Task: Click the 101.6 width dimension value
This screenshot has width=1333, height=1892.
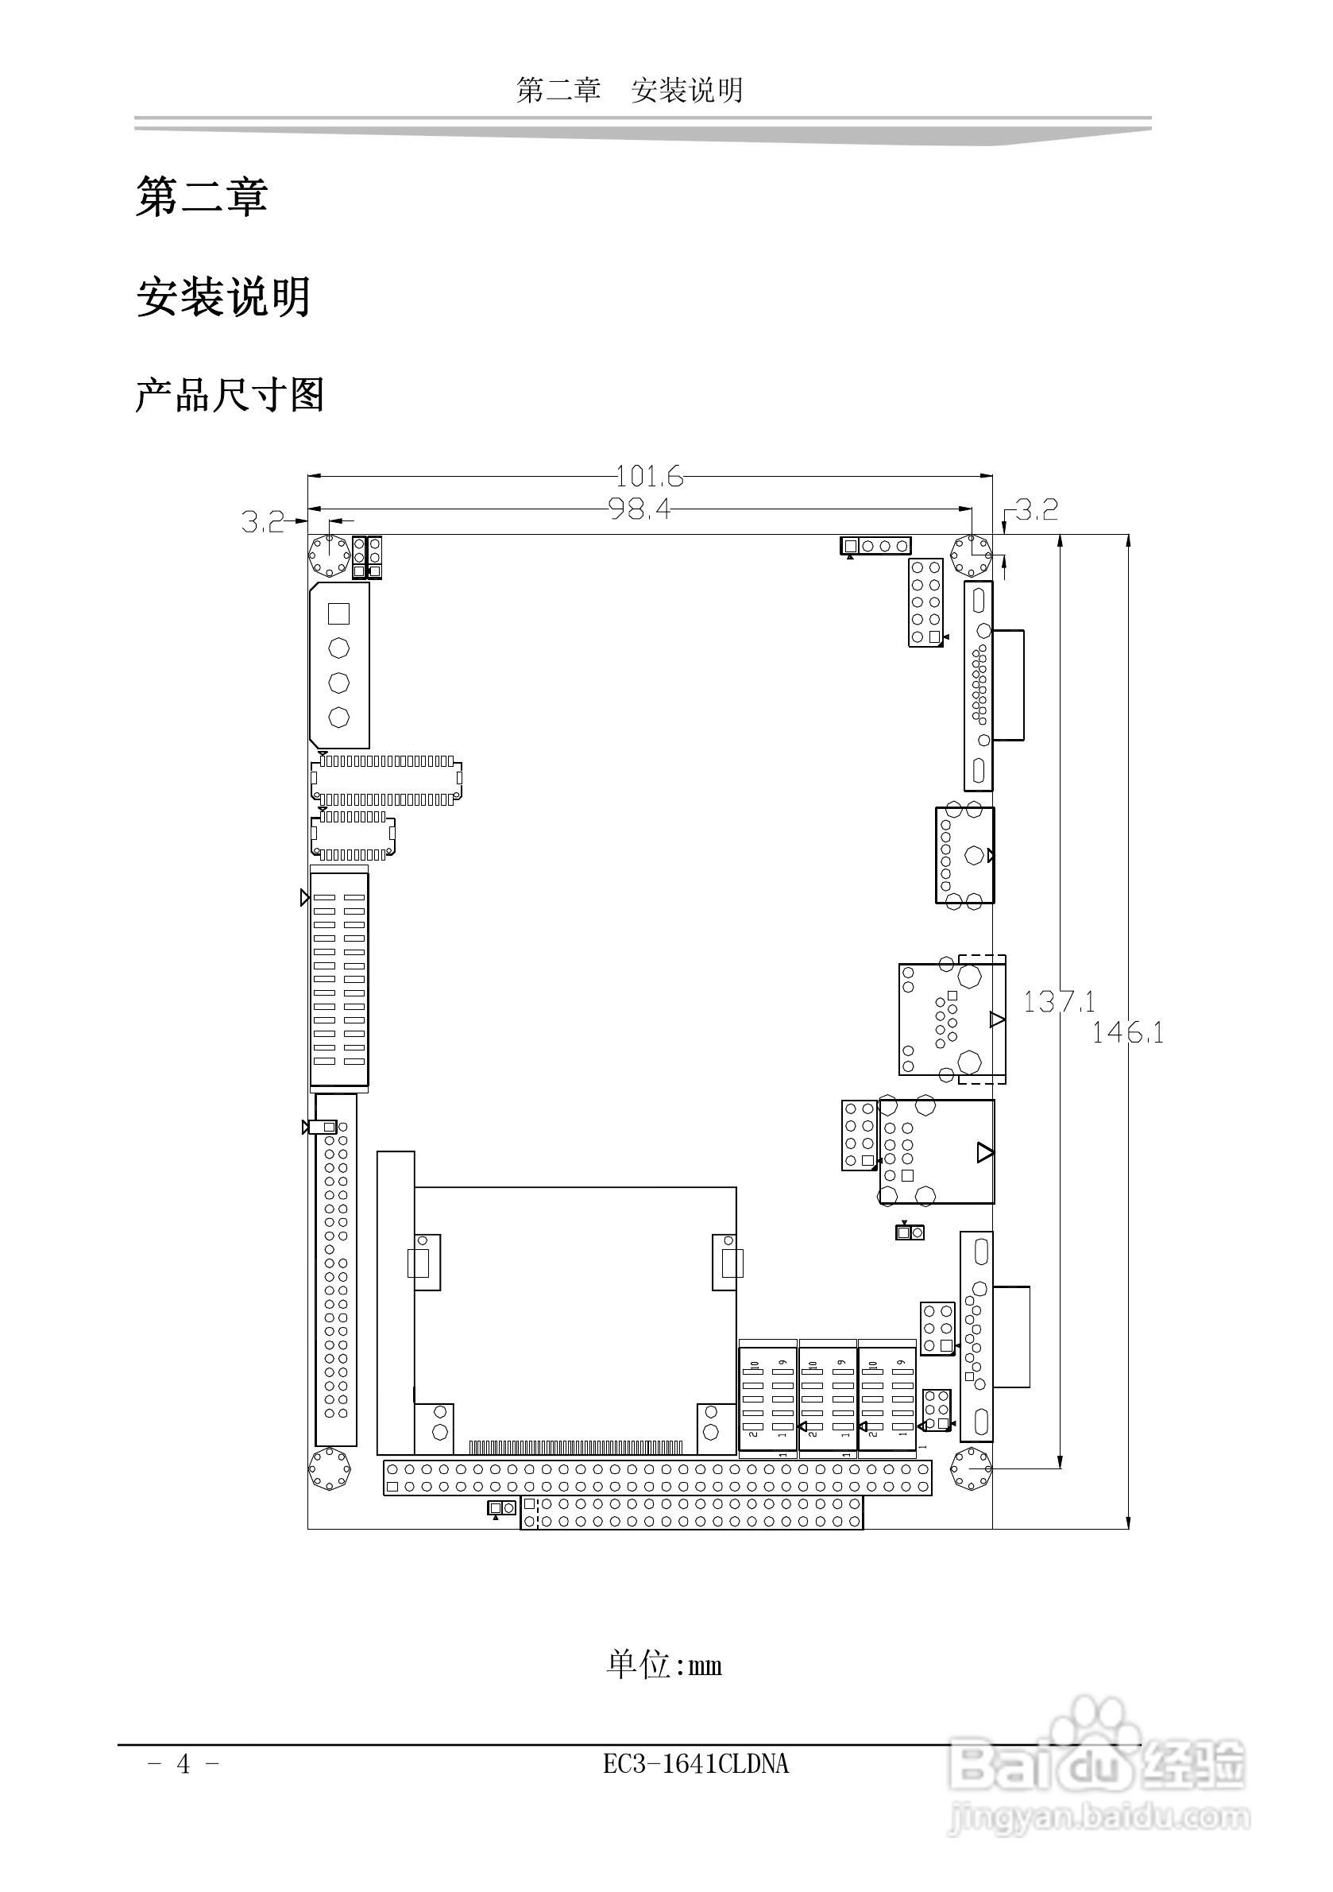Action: coord(649,476)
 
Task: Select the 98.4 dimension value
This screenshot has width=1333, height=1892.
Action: coord(639,509)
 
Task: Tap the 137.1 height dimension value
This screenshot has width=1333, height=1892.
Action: coord(1059,1001)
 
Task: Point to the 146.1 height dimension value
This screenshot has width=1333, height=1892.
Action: coord(1127,1031)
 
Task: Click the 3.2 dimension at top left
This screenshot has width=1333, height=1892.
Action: coord(262,521)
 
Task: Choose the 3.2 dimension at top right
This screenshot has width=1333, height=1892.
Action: coord(1037,510)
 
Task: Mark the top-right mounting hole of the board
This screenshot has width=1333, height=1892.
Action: coord(972,555)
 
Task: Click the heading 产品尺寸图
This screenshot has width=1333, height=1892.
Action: coord(230,395)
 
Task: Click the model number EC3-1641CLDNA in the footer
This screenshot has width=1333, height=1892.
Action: coord(695,1764)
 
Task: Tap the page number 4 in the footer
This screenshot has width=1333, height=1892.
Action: coord(183,1764)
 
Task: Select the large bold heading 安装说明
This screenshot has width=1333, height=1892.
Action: coord(223,296)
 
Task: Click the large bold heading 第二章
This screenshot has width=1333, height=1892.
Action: coord(202,197)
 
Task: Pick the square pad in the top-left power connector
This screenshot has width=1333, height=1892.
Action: coord(338,613)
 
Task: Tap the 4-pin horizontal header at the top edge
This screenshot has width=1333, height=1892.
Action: coord(875,546)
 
